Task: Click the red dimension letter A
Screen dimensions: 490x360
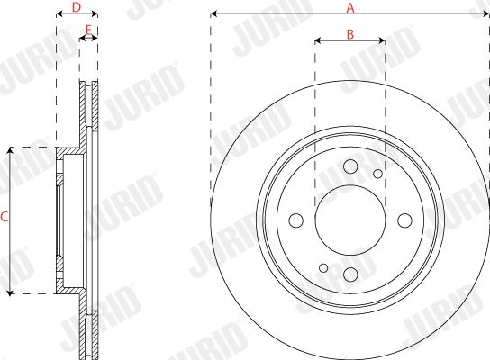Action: [350, 8]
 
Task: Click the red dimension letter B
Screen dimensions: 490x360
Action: [350, 34]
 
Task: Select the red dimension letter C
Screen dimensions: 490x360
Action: [5, 217]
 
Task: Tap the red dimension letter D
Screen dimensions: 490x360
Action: [77, 7]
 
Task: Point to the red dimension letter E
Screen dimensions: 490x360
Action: [89, 31]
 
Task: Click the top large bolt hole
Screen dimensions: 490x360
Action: [350, 166]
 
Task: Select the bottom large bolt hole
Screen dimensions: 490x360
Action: [350, 274]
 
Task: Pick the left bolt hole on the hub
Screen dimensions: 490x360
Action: [296, 220]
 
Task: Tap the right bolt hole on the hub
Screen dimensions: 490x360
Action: [404, 220]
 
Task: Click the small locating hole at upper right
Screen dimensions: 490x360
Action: [377, 174]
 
